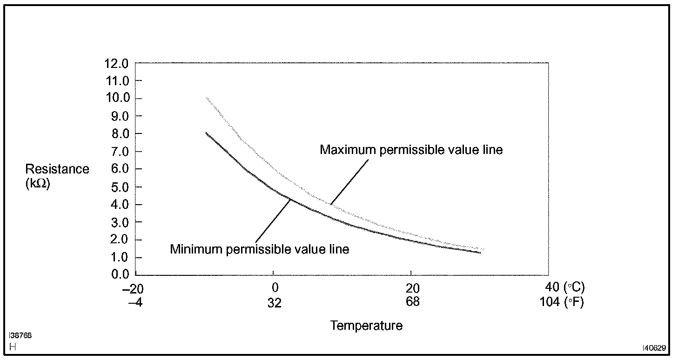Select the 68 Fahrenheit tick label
(x=412, y=302)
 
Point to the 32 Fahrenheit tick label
(x=275, y=303)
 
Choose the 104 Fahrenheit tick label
(x=550, y=302)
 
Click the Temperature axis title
(x=366, y=326)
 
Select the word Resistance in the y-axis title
(x=57, y=169)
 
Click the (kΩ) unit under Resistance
(x=38, y=184)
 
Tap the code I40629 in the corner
(x=655, y=347)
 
